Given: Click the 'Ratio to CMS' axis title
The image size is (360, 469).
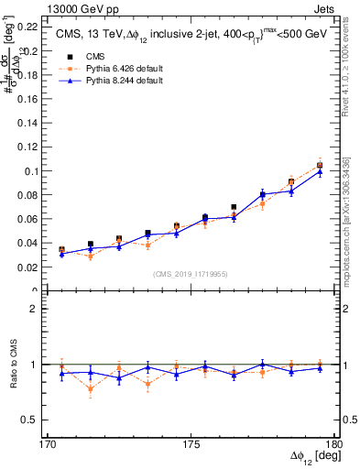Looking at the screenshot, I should [14, 364].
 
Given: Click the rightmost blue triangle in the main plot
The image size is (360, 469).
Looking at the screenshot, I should [320, 171].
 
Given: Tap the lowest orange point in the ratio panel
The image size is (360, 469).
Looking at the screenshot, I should [91, 389].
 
